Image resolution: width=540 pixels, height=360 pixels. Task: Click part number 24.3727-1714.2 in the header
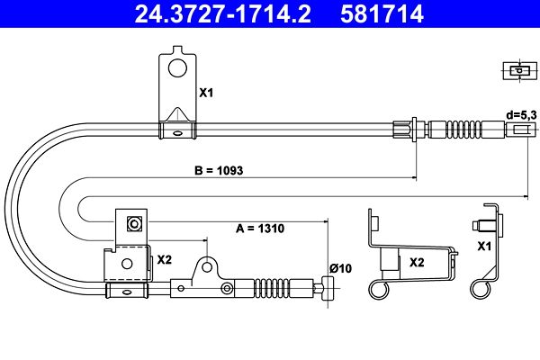pyautogui.click(x=223, y=13)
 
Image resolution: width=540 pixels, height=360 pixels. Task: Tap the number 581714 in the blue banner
pyautogui.click(x=382, y=13)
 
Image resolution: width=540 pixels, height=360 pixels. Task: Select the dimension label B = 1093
pyautogui.click(x=219, y=170)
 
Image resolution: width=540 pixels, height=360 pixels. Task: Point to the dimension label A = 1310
pyautogui.click(x=260, y=228)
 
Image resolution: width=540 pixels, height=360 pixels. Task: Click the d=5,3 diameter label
pyautogui.click(x=521, y=115)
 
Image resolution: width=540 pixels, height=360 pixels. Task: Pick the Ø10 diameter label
pyautogui.click(x=340, y=268)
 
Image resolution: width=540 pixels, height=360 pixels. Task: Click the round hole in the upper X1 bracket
pyautogui.click(x=177, y=67)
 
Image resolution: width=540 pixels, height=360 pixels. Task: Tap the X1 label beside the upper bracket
pyautogui.click(x=206, y=93)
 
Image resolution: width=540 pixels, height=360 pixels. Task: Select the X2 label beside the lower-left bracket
pyautogui.click(x=165, y=259)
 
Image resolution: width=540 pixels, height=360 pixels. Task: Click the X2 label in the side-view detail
pyautogui.click(x=417, y=263)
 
